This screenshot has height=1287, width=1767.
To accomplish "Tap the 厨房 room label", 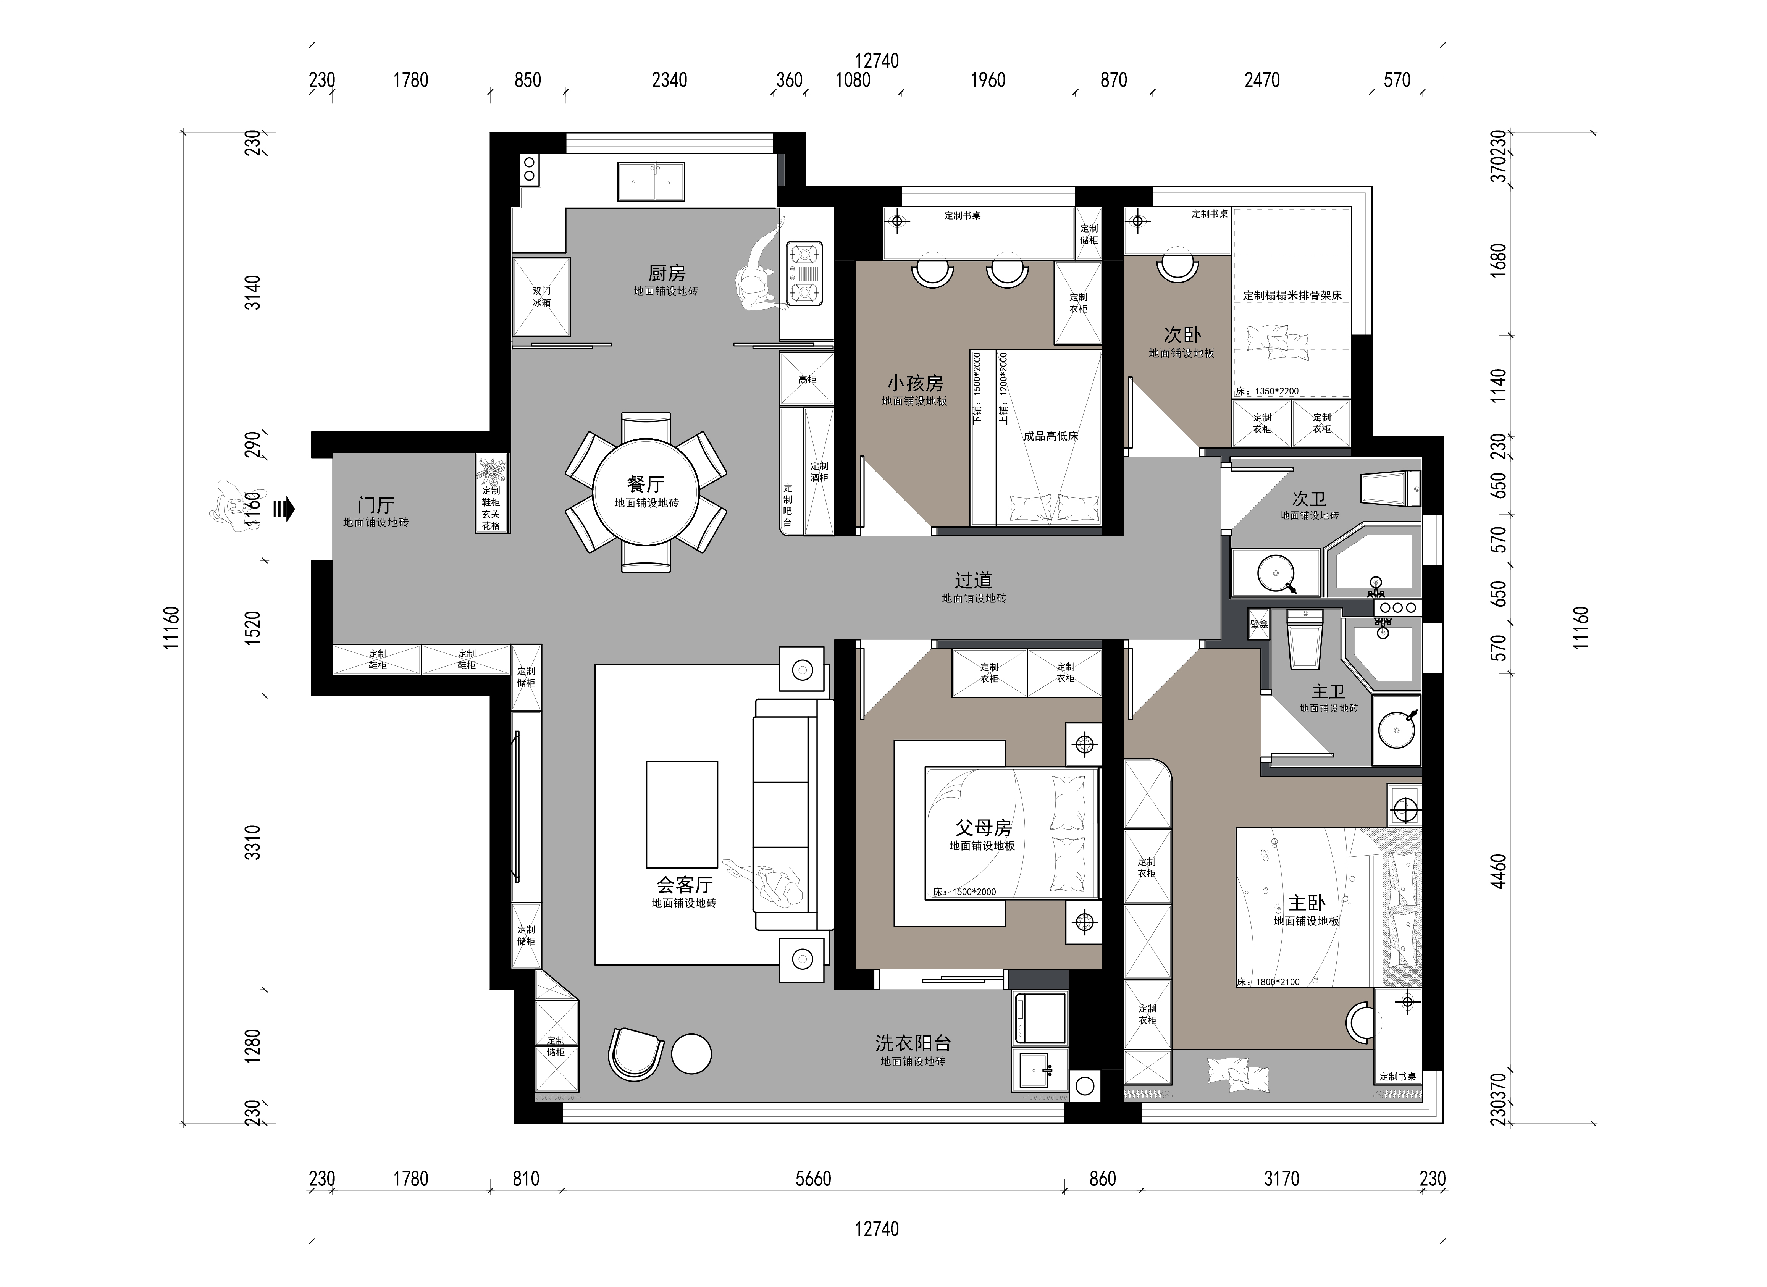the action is click(667, 273).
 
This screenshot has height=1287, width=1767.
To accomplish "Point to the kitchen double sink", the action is click(651, 181).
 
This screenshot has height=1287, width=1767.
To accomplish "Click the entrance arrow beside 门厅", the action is click(284, 510).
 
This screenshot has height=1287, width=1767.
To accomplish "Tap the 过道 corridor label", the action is click(974, 580).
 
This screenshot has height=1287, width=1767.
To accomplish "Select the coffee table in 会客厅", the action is click(682, 814).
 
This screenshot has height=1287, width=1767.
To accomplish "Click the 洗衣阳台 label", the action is click(913, 1042).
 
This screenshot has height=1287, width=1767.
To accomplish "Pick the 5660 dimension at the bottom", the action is click(813, 1179).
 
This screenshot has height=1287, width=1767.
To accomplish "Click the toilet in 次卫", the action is click(1391, 488).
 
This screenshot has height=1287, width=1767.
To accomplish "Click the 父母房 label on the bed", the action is click(983, 827).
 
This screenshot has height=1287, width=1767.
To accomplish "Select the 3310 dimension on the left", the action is click(252, 842).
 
